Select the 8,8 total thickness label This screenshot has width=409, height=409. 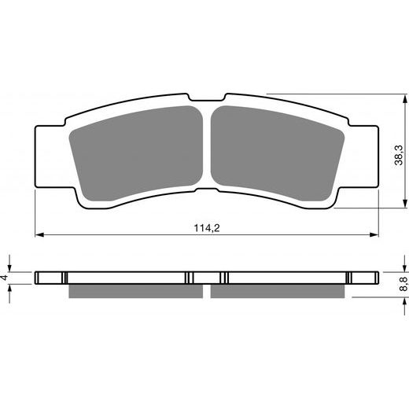(x=399, y=285)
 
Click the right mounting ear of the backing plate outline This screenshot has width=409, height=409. (x=360, y=153)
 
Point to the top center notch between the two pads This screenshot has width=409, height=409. (x=206, y=101)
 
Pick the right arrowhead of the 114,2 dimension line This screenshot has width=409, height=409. (x=373, y=234)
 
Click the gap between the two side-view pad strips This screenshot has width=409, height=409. (x=206, y=291)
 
